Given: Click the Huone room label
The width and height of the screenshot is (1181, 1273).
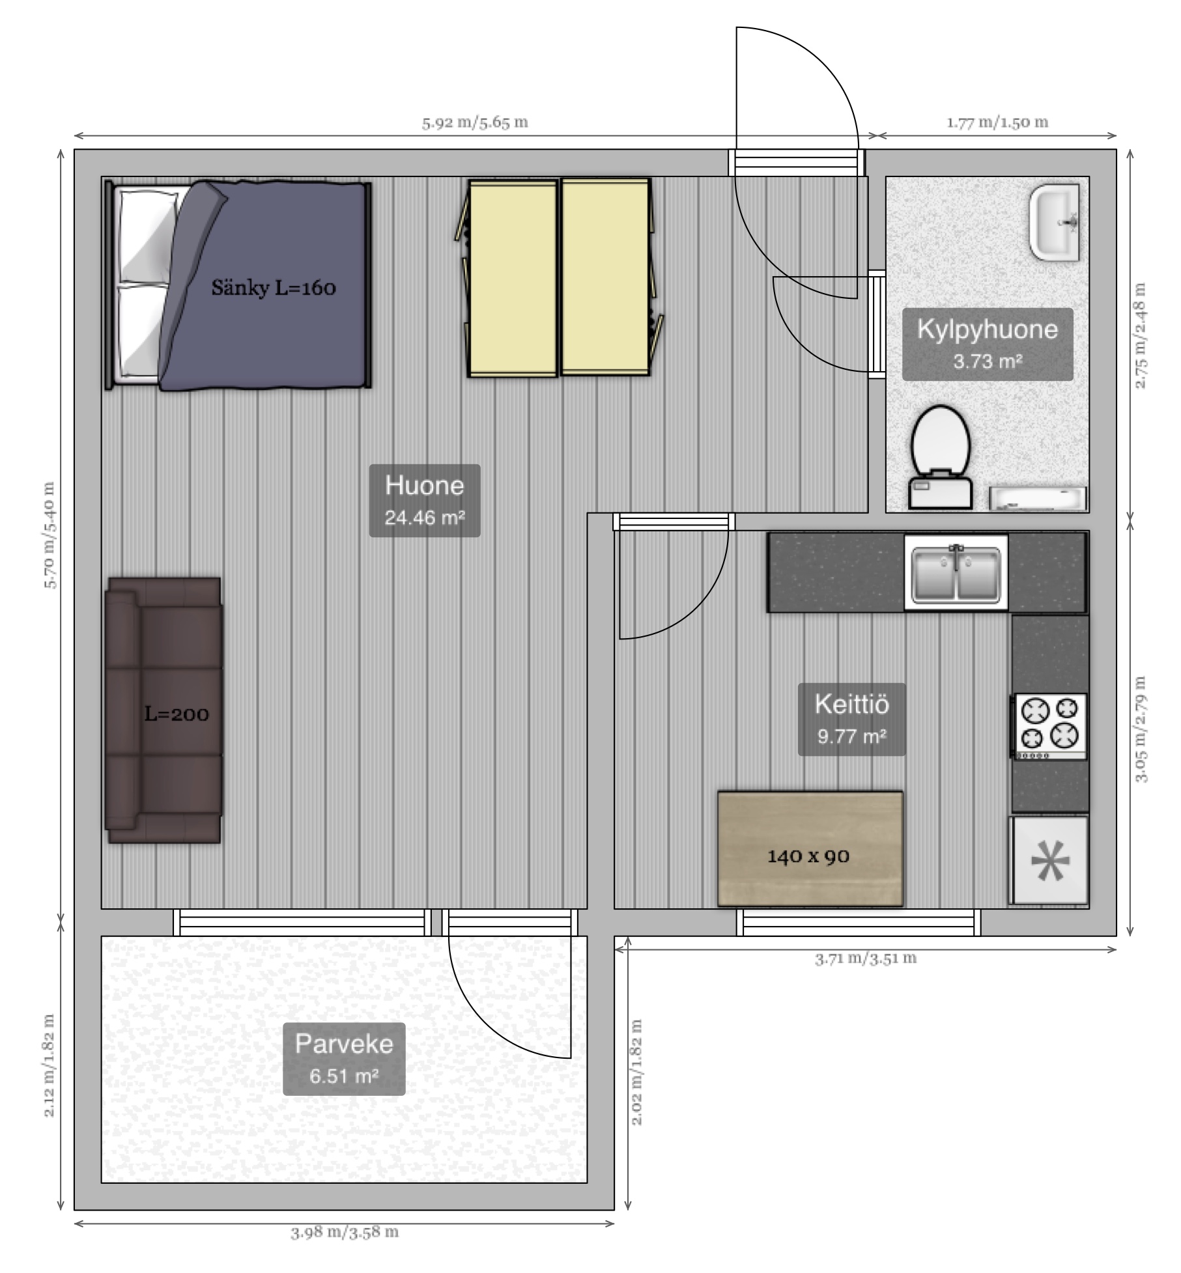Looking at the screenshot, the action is click(425, 500).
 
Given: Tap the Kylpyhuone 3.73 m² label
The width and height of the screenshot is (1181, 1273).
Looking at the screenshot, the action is click(988, 344).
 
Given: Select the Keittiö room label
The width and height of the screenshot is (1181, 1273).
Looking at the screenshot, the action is click(852, 719).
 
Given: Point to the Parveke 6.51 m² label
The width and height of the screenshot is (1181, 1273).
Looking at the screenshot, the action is click(344, 1059).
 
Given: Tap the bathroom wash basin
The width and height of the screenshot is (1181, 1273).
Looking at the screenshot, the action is click(1054, 223).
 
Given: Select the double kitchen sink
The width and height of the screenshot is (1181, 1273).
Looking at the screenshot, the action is click(956, 573).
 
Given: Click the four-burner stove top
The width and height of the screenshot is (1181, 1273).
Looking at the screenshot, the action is click(1049, 726).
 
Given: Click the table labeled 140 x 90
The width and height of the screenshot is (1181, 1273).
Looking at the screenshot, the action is click(810, 848).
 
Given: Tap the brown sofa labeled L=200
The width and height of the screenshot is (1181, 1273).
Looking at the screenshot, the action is click(164, 710).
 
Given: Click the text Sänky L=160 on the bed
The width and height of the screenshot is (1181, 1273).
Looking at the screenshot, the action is click(274, 288).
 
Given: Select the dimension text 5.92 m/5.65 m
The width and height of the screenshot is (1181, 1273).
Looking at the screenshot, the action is click(475, 122).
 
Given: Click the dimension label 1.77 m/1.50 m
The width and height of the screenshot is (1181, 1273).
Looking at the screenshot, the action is click(997, 122).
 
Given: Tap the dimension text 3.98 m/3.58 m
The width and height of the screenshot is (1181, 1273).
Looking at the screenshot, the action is click(345, 1232).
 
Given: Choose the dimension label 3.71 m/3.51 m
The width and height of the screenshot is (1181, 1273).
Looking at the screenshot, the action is click(866, 958).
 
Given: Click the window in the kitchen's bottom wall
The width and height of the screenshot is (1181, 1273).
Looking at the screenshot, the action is click(859, 923).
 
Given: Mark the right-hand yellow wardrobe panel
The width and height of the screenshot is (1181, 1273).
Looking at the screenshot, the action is click(606, 277).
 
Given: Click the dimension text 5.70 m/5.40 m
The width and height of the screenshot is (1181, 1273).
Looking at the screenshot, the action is click(50, 535).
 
